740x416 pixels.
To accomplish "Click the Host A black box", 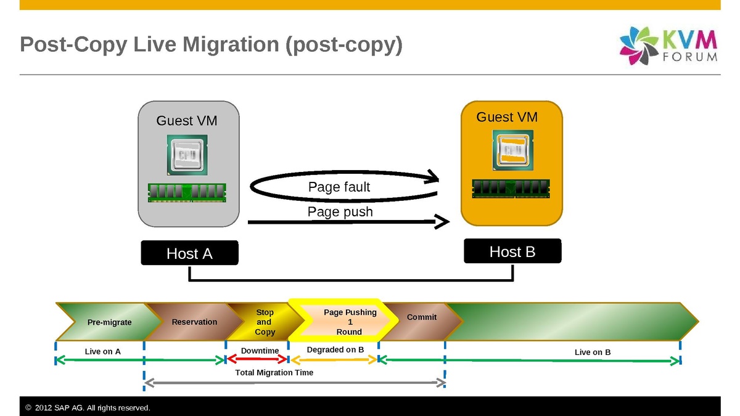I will point(189,253).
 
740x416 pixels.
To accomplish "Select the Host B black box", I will point(512,251).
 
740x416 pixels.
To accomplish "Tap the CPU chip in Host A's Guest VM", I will point(186,154).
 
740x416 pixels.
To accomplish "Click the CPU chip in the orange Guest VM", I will point(512,150).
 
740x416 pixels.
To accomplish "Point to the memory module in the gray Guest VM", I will point(187,192).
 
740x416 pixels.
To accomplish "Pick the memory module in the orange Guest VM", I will point(511,189).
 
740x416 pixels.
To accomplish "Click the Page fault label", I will point(339,187).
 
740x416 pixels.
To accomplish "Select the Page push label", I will point(340,212).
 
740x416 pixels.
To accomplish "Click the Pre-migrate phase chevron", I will point(109,322).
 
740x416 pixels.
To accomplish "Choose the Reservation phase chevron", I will point(194,322).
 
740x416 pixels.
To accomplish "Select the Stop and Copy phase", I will point(265,322).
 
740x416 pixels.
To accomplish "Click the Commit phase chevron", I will point(422,318).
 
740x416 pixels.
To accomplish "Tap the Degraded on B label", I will point(335,349).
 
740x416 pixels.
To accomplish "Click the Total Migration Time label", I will point(274,372).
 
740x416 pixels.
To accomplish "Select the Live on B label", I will point(592,352).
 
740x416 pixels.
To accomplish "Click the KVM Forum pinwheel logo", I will point(639,46).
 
